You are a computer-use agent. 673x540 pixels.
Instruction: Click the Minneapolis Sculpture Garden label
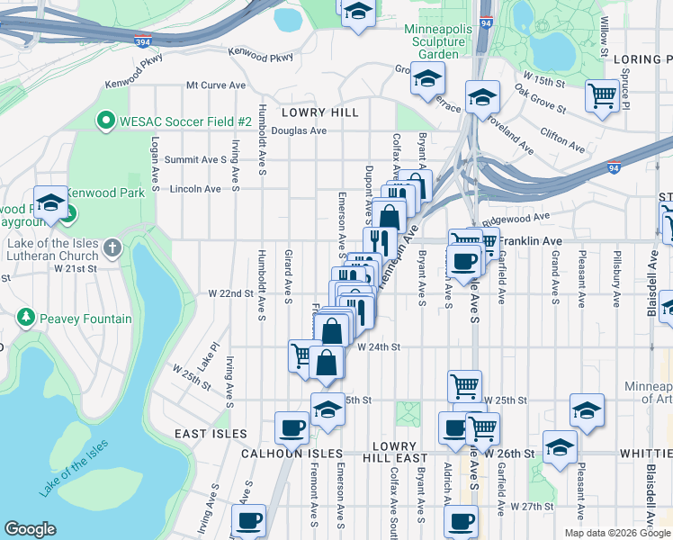coord(438,41)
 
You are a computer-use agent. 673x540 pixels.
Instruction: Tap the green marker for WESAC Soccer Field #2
coord(106,121)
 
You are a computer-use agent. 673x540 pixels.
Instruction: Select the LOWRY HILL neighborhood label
coord(319,112)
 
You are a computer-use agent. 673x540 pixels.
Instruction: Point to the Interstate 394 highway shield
coord(142,41)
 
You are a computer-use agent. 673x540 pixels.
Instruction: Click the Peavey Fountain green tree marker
coord(26,319)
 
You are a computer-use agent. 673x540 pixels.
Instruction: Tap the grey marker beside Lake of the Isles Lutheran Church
coord(112,247)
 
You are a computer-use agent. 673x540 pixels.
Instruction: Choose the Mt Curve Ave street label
coord(216,85)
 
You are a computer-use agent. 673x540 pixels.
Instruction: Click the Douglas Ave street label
coord(299,130)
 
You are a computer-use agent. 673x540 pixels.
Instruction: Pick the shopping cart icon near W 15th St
coord(601,95)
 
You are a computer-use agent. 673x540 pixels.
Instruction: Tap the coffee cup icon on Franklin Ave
coord(464,262)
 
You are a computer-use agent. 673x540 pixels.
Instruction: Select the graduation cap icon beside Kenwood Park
coord(50,202)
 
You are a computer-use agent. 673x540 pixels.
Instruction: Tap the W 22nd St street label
coord(232,293)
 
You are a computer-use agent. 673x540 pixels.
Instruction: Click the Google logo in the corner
coord(30,529)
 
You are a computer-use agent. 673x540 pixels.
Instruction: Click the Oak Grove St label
coord(540,101)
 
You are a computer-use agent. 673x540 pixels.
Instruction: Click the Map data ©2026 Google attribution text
coord(617,533)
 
